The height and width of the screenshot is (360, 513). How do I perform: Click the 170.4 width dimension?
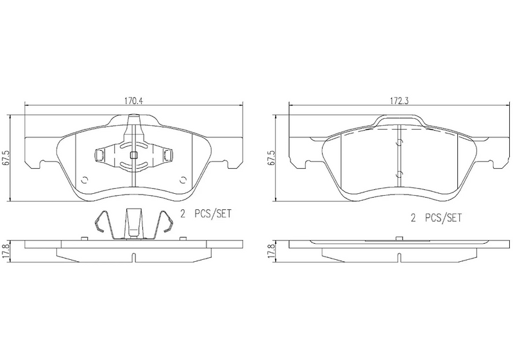133,101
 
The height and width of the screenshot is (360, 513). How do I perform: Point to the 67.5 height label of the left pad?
5,158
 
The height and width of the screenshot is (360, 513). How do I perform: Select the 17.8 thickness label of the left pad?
5,252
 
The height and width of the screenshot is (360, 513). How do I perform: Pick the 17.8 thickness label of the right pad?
270,252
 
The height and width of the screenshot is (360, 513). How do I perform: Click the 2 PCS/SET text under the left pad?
206,214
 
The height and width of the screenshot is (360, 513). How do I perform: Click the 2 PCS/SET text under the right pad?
437,218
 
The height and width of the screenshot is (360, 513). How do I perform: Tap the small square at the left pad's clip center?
133,155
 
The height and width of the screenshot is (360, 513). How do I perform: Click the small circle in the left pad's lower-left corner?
85,180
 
